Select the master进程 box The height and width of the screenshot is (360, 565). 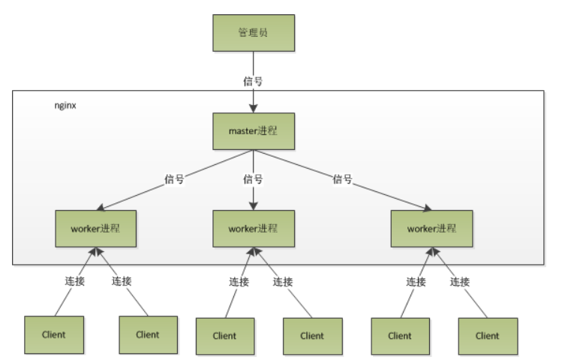coord(252,132)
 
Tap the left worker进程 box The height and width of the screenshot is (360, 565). coord(96,228)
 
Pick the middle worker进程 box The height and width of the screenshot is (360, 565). coord(252,229)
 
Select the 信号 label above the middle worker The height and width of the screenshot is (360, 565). coord(252,179)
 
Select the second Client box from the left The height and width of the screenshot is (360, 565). coord(148,334)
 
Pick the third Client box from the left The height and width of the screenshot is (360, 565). coord(225,335)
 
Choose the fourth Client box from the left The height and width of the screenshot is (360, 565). coord(312,335)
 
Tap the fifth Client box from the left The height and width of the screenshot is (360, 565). coord(401,335)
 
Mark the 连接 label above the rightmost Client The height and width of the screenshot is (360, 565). coord(459,281)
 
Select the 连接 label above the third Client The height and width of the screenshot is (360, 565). coord(239,281)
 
